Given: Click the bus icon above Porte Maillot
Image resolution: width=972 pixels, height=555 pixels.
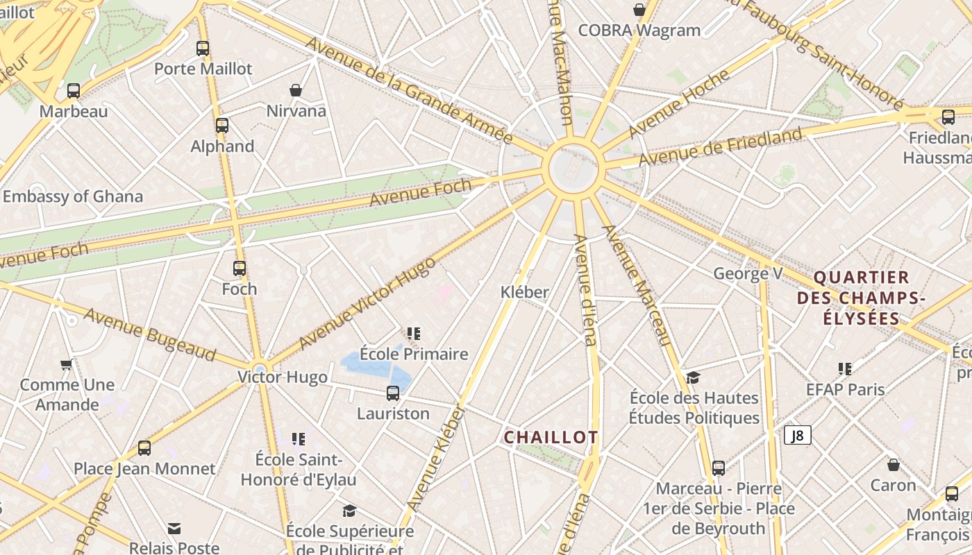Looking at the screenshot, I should coord(203,49).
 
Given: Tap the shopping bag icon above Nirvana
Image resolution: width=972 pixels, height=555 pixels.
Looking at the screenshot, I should coord(296,90).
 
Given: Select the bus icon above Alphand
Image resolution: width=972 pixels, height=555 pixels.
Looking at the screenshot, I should coord(222,126).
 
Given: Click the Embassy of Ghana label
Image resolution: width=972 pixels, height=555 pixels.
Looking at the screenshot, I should coord(73,196).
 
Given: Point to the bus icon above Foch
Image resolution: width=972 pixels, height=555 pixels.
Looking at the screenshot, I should coord(240,268).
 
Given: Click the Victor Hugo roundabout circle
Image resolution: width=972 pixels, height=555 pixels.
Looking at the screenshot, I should coord(260,368).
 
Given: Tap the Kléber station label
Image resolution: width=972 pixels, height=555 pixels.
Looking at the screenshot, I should coord(525,292).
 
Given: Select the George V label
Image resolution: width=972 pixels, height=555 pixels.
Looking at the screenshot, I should coord(748,273).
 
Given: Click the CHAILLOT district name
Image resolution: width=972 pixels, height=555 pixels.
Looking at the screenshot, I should coord(551,437).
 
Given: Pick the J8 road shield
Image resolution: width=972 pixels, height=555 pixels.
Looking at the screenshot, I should coord(798,435).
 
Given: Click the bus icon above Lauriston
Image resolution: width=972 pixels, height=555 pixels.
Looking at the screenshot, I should coord(393,393).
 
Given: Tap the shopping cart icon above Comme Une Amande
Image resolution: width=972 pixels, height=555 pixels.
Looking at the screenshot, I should coord(66,364).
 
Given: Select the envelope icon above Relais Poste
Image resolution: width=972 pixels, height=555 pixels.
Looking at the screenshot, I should coord(174,529).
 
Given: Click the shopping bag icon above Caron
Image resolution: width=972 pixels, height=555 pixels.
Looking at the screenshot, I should coord(894,464).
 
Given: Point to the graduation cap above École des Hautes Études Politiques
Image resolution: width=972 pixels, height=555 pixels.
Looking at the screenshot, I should coord(693,377).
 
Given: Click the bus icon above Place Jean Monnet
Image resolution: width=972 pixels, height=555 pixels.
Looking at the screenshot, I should coord(144,448).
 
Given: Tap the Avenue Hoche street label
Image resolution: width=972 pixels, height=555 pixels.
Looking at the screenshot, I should coord(678,104).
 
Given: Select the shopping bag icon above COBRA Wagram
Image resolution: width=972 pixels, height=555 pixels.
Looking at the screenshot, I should coord(639,10).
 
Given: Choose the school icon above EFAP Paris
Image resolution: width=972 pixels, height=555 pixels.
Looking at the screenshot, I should coord(845,368).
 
